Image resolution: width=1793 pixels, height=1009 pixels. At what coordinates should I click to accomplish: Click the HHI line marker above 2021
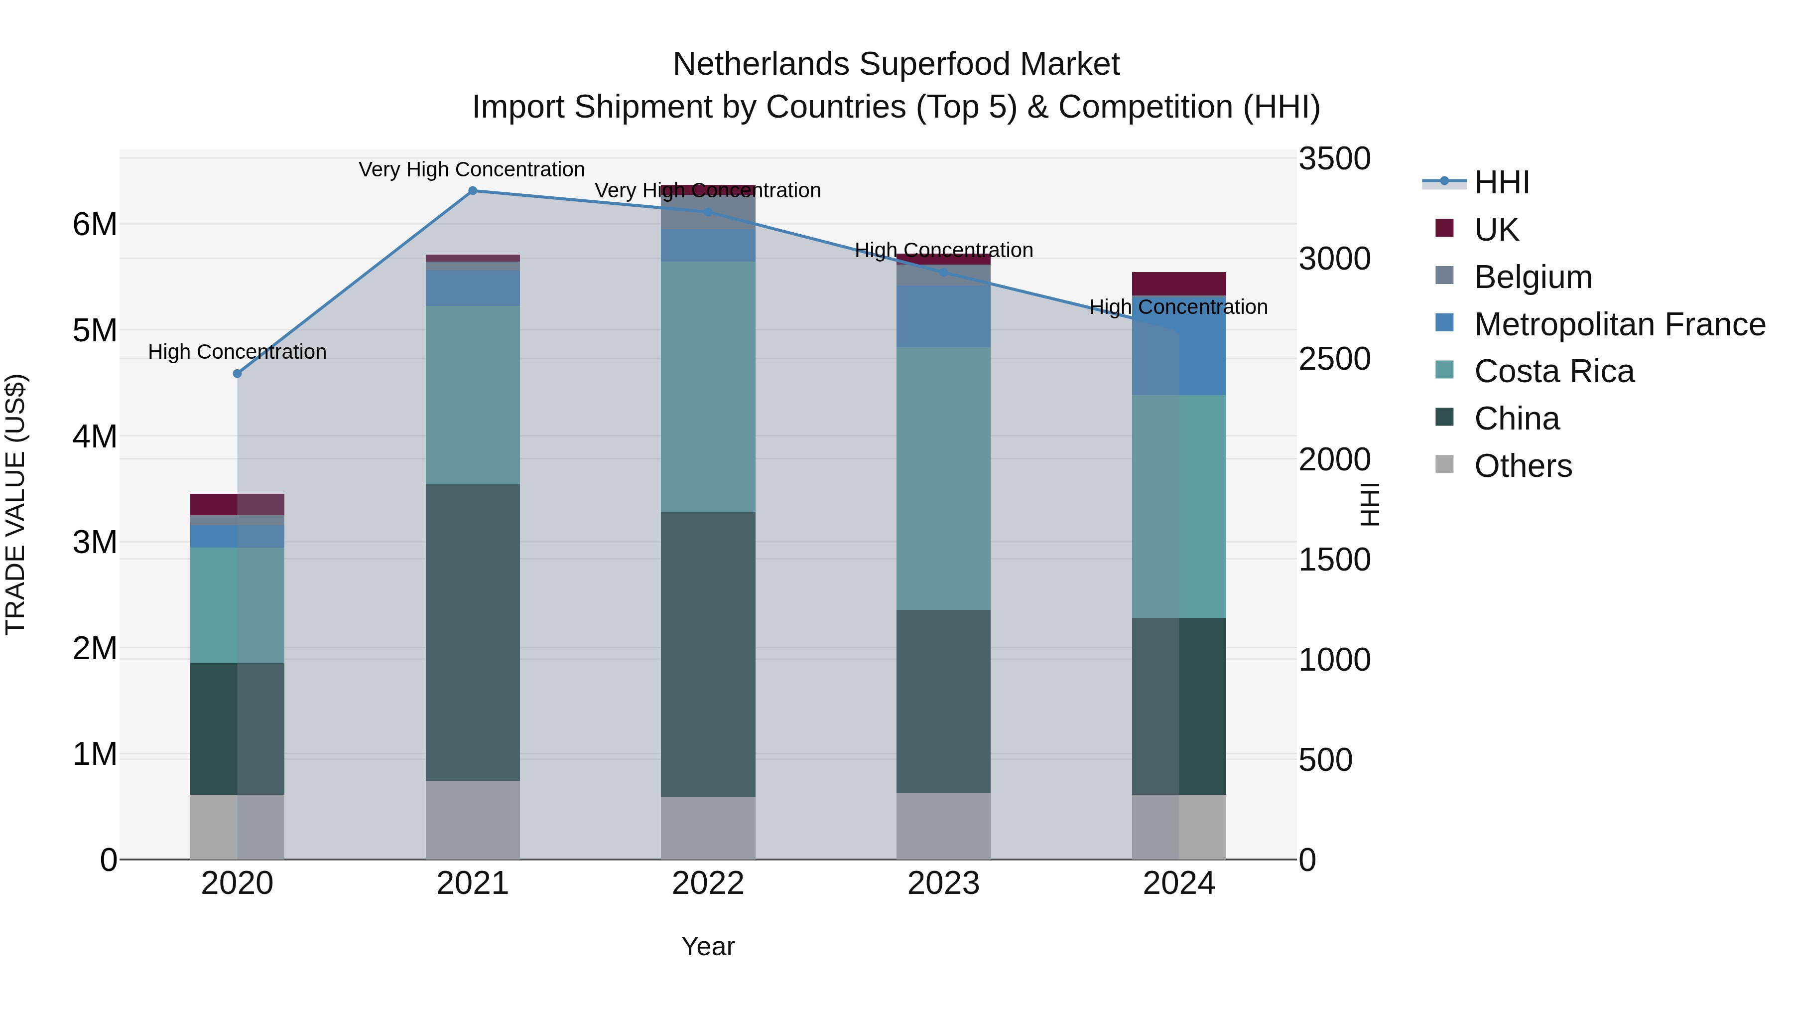[x=473, y=191]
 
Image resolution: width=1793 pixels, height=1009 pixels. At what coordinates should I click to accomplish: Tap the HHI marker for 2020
[x=238, y=374]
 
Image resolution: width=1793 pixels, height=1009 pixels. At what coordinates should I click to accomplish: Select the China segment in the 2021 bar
[x=473, y=632]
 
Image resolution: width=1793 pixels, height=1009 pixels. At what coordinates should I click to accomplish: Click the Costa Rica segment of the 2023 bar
[x=943, y=478]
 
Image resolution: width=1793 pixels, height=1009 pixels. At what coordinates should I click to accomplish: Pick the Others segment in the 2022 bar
[x=708, y=828]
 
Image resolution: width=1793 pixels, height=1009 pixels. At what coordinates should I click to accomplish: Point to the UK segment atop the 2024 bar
[x=1178, y=284]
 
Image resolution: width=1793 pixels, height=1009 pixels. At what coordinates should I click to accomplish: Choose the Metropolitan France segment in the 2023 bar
[x=943, y=316]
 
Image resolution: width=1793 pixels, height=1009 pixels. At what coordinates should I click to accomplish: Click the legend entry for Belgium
[x=1533, y=277]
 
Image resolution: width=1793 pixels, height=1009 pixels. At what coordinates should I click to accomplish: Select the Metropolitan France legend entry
[x=1619, y=324]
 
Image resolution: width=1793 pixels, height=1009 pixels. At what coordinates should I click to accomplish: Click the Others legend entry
[x=1523, y=466]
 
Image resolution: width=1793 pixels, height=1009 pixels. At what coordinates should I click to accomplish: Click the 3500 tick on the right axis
[x=1334, y=159]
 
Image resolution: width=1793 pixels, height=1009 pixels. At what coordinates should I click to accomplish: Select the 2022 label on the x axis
[x=708, y=883]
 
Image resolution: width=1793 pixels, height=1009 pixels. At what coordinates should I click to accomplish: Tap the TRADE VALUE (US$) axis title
[x=15, y=504]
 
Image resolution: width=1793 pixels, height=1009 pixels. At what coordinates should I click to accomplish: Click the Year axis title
[x=708, y=946]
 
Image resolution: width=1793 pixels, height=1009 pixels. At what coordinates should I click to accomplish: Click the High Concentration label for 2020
[x=238, y=352]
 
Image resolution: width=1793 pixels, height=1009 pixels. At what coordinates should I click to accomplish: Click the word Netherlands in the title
[x=761, y=64]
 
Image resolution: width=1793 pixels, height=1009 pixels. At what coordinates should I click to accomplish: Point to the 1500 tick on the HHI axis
[x=1334, y=560]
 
